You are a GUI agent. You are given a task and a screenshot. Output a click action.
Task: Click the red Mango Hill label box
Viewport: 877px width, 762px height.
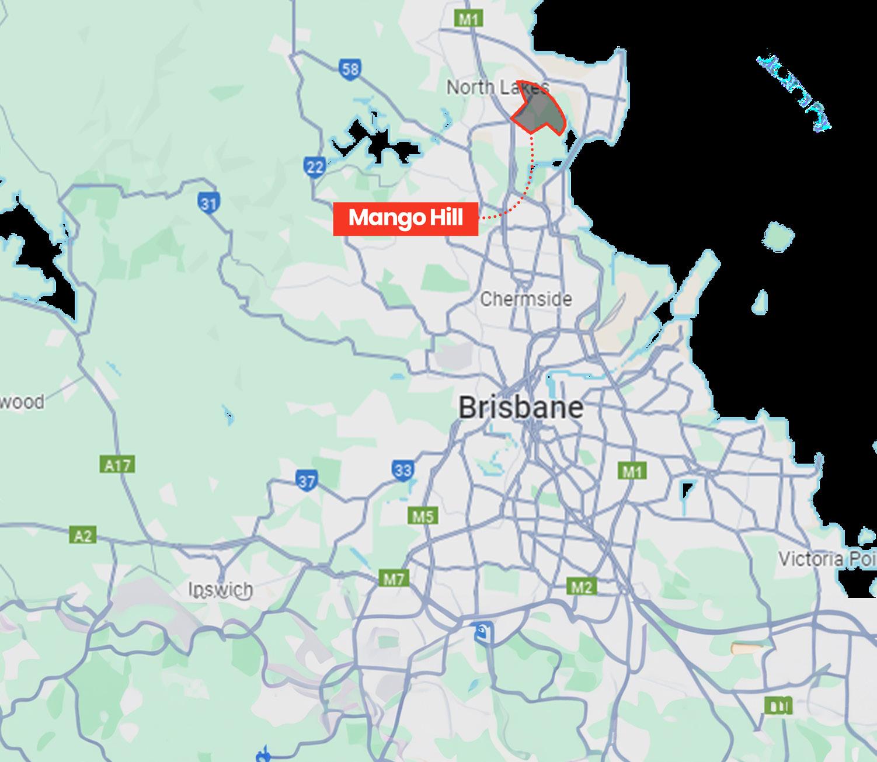point(405,219)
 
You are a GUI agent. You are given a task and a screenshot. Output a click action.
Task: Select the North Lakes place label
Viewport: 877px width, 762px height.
point(496,88)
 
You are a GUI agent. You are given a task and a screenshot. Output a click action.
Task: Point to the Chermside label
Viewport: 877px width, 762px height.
point(525,300)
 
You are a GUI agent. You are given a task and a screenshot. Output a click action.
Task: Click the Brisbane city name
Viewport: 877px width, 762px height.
point(520,408)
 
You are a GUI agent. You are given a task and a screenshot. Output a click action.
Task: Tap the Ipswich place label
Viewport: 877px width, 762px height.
point(221,590)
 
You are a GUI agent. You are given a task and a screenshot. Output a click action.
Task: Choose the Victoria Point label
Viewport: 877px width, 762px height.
point(827,559)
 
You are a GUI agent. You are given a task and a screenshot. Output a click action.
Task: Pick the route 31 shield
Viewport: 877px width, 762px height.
point(208,204)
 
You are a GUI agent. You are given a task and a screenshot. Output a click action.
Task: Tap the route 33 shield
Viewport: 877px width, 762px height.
point(403,470)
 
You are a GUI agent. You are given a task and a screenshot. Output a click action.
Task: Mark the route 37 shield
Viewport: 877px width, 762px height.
point(307,481)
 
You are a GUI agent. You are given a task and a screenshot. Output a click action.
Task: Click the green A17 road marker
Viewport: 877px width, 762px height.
point(118,465)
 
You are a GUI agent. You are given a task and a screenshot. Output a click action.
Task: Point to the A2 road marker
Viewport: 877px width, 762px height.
point(83,535)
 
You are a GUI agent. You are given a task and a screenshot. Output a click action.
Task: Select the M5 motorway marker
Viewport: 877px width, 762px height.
point(423,516)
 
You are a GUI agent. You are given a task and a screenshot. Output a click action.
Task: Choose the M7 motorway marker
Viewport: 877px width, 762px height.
point(394,579)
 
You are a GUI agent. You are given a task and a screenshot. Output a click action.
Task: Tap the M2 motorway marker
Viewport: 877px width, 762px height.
point(581,586)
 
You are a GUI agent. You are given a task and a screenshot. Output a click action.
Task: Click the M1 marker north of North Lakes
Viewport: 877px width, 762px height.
point(468,19)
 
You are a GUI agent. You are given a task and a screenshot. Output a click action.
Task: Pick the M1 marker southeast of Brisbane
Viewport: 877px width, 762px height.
point(632,471)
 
